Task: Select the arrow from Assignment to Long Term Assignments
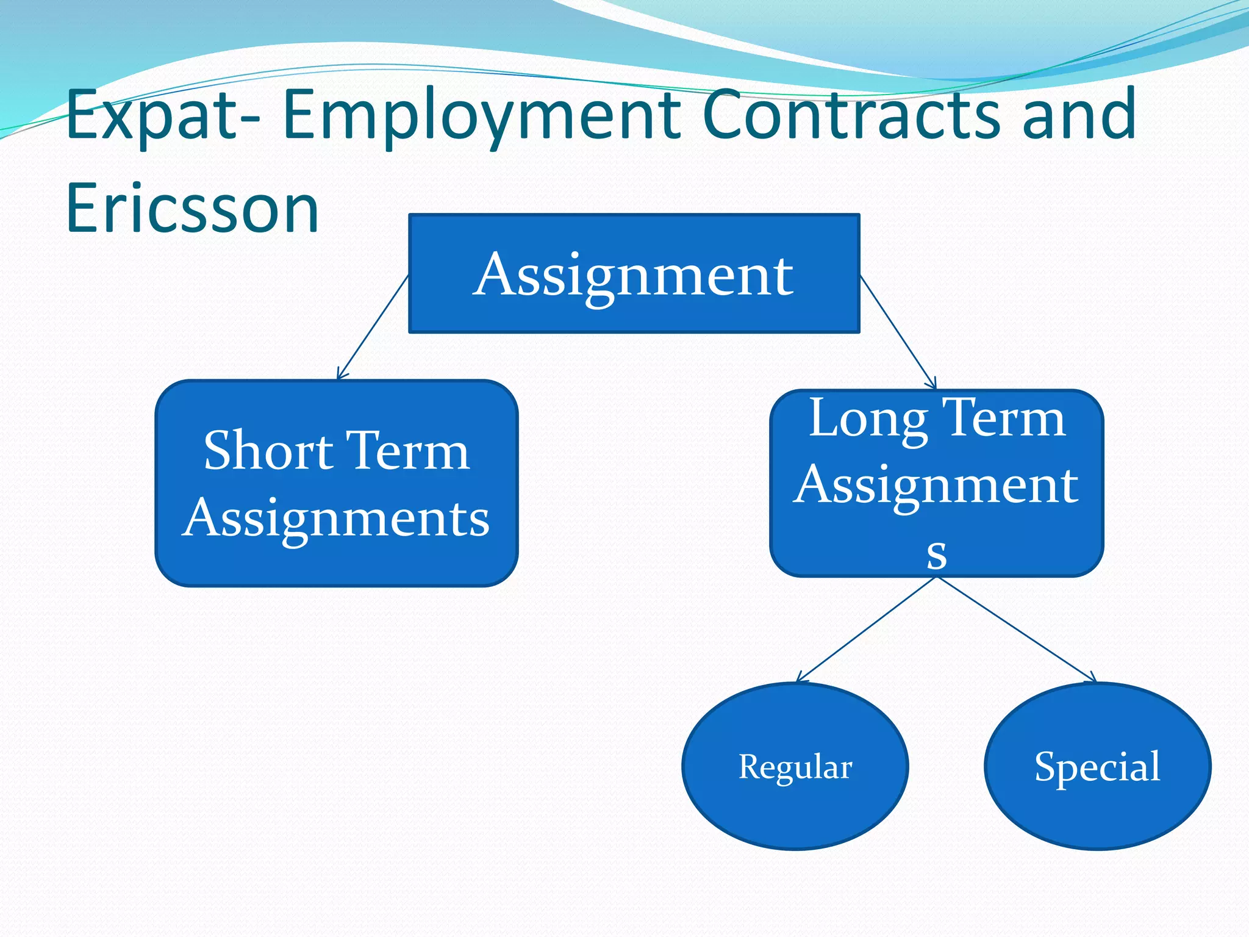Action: click(898, 332)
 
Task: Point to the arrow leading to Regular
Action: click(866, 630)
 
